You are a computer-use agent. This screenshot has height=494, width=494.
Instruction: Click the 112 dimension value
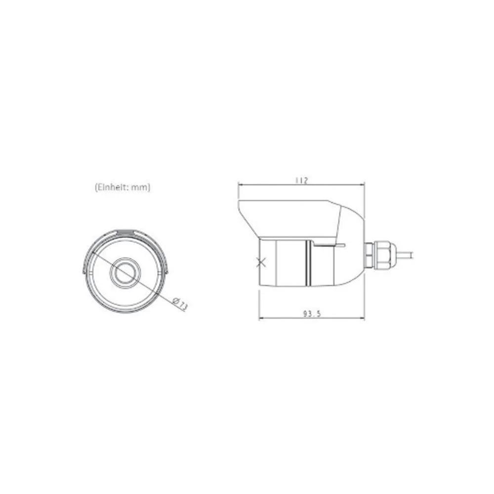tap(301, 181)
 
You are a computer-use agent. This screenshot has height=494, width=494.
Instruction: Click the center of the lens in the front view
tap(125, 271)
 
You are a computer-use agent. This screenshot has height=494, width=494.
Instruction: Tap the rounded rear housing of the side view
tap(353, 237)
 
